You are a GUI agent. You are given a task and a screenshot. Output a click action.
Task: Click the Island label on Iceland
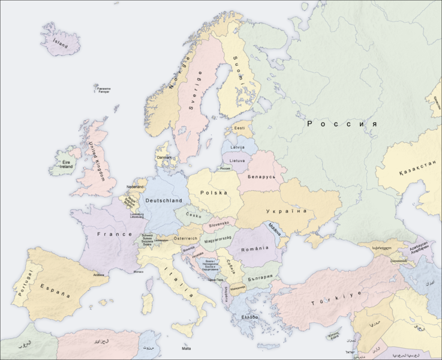point(61,43)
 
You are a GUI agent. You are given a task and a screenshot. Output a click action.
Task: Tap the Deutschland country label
point(163,200)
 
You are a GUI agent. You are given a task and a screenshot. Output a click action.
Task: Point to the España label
point(55,291)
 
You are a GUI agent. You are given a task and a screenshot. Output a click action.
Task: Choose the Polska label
point(214,193)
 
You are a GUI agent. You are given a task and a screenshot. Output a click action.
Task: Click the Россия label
point(342,124)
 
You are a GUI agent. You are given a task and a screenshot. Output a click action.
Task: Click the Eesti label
point(239,128)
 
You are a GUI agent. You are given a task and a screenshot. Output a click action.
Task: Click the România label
point(251,248)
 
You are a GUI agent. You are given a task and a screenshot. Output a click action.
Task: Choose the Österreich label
point(185,238)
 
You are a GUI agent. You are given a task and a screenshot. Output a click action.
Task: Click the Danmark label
point(164,158)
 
